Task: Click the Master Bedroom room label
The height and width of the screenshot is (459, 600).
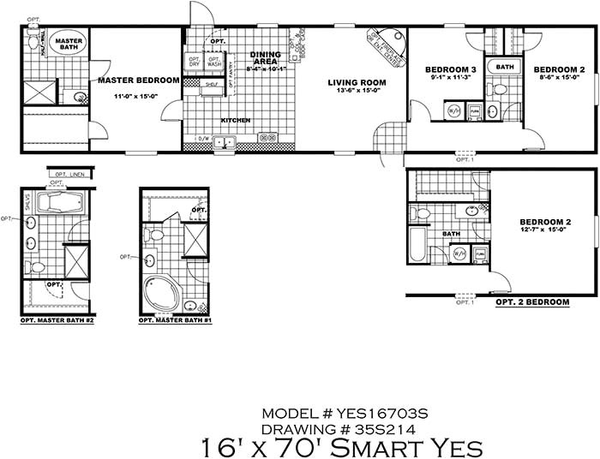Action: coord(138,80)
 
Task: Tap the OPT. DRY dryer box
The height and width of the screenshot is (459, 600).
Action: coord(193,62)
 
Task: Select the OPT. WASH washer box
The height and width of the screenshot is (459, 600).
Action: coord(213,62)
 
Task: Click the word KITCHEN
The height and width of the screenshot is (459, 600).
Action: coord(236,121)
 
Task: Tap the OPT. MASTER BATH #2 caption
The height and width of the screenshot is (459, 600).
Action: coord(55,323)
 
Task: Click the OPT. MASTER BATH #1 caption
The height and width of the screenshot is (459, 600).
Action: coord(175,323)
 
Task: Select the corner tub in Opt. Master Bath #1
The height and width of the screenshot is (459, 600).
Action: coord(160,294)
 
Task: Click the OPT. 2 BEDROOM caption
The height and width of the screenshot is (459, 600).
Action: coord(532,302)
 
